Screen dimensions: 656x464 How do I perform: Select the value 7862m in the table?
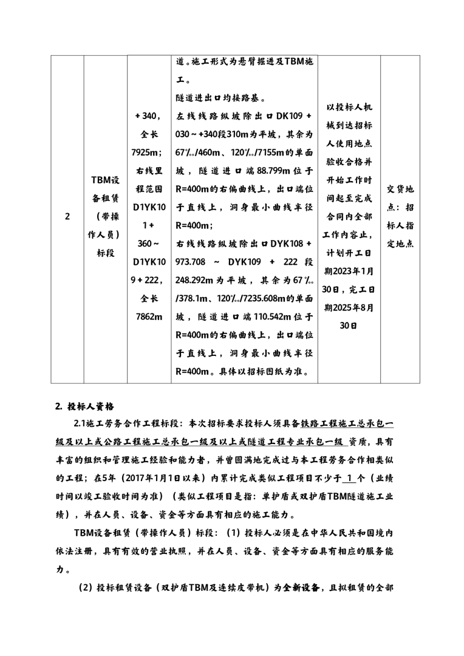click(149, 316)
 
